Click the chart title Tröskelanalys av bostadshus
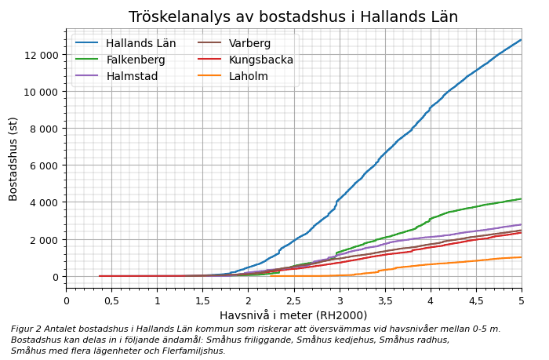click(293, 17)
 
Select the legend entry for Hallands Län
click(141, 43)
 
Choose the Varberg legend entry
click(245, 43)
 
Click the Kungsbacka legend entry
click(261, 60)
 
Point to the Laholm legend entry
click(249, 76)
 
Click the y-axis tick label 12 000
click(41, 54)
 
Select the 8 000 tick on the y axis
click(44, 129)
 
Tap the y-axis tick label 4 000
click(44, 202)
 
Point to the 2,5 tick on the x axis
click(294, 301)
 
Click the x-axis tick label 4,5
click(476, 301)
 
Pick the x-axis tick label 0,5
click(111, 301)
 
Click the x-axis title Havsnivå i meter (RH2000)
click(293, 315)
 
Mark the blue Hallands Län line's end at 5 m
click(522, 39)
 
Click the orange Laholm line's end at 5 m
click(522, 257)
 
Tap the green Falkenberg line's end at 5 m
click(522, 198)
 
